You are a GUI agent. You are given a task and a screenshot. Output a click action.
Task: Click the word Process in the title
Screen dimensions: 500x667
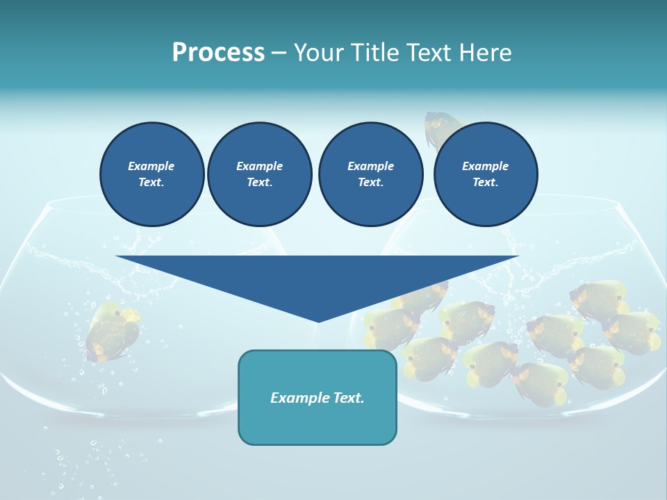click(x=218, y=53)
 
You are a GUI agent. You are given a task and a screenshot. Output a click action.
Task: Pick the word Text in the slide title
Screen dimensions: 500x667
click(x=428, y=53)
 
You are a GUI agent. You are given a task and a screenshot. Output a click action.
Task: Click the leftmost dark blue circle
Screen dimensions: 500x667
click(x=151, y=174)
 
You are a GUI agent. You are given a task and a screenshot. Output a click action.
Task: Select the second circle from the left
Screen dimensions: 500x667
click(x=259, y=174)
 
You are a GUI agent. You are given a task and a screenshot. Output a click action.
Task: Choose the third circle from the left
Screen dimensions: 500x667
click(x=370, y=174)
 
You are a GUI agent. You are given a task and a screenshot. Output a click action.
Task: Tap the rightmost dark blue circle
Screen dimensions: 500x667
click(x=485, y=174)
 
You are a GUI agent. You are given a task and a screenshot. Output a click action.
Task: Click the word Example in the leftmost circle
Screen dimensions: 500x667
click(x=151, y=166)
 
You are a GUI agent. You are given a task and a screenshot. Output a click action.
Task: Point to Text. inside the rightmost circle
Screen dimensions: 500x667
click(x=485, y=183)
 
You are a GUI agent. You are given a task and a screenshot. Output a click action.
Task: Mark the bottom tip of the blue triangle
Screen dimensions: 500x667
click(x=318, y=321)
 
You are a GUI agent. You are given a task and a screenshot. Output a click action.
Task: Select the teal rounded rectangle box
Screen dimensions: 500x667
click(x=318, y=397)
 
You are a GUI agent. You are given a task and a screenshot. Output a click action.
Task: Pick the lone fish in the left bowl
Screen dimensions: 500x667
click(x=111, y=331)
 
